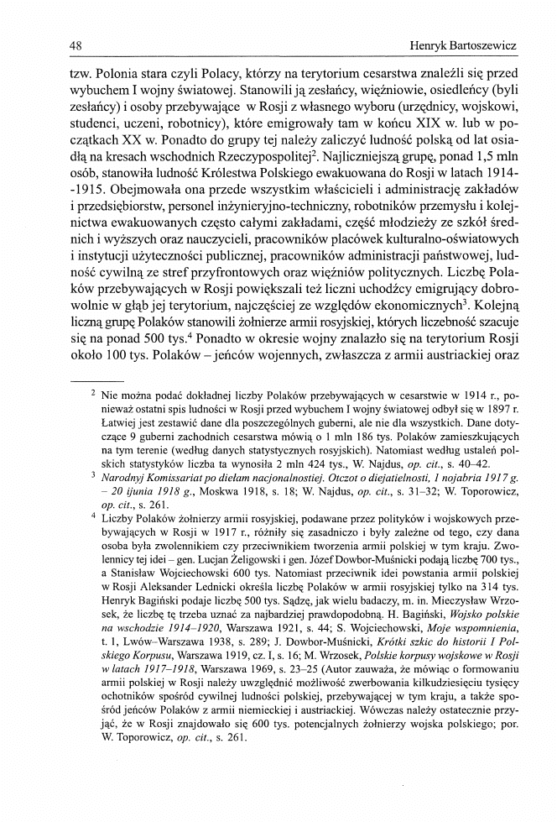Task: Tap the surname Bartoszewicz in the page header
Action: pyautogui.click(x=472, y=45)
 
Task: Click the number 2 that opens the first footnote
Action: pyautogui.click(x=93, y=393)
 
